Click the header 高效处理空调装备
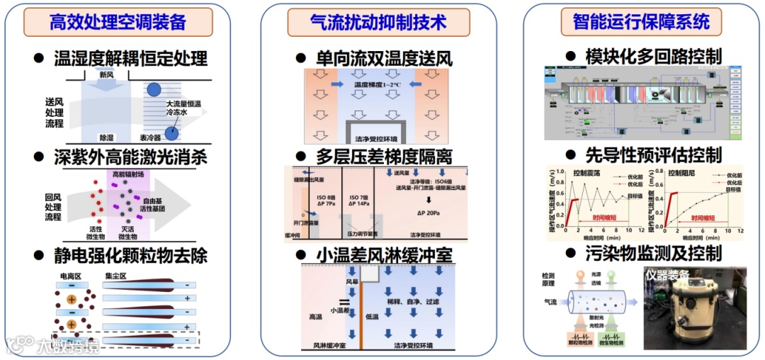(118, 22)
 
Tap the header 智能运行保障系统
(641, 22)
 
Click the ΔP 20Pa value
(429, 212)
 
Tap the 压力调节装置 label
(361, 233)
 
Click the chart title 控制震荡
(588, 172)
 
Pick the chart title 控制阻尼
(672, 172)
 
